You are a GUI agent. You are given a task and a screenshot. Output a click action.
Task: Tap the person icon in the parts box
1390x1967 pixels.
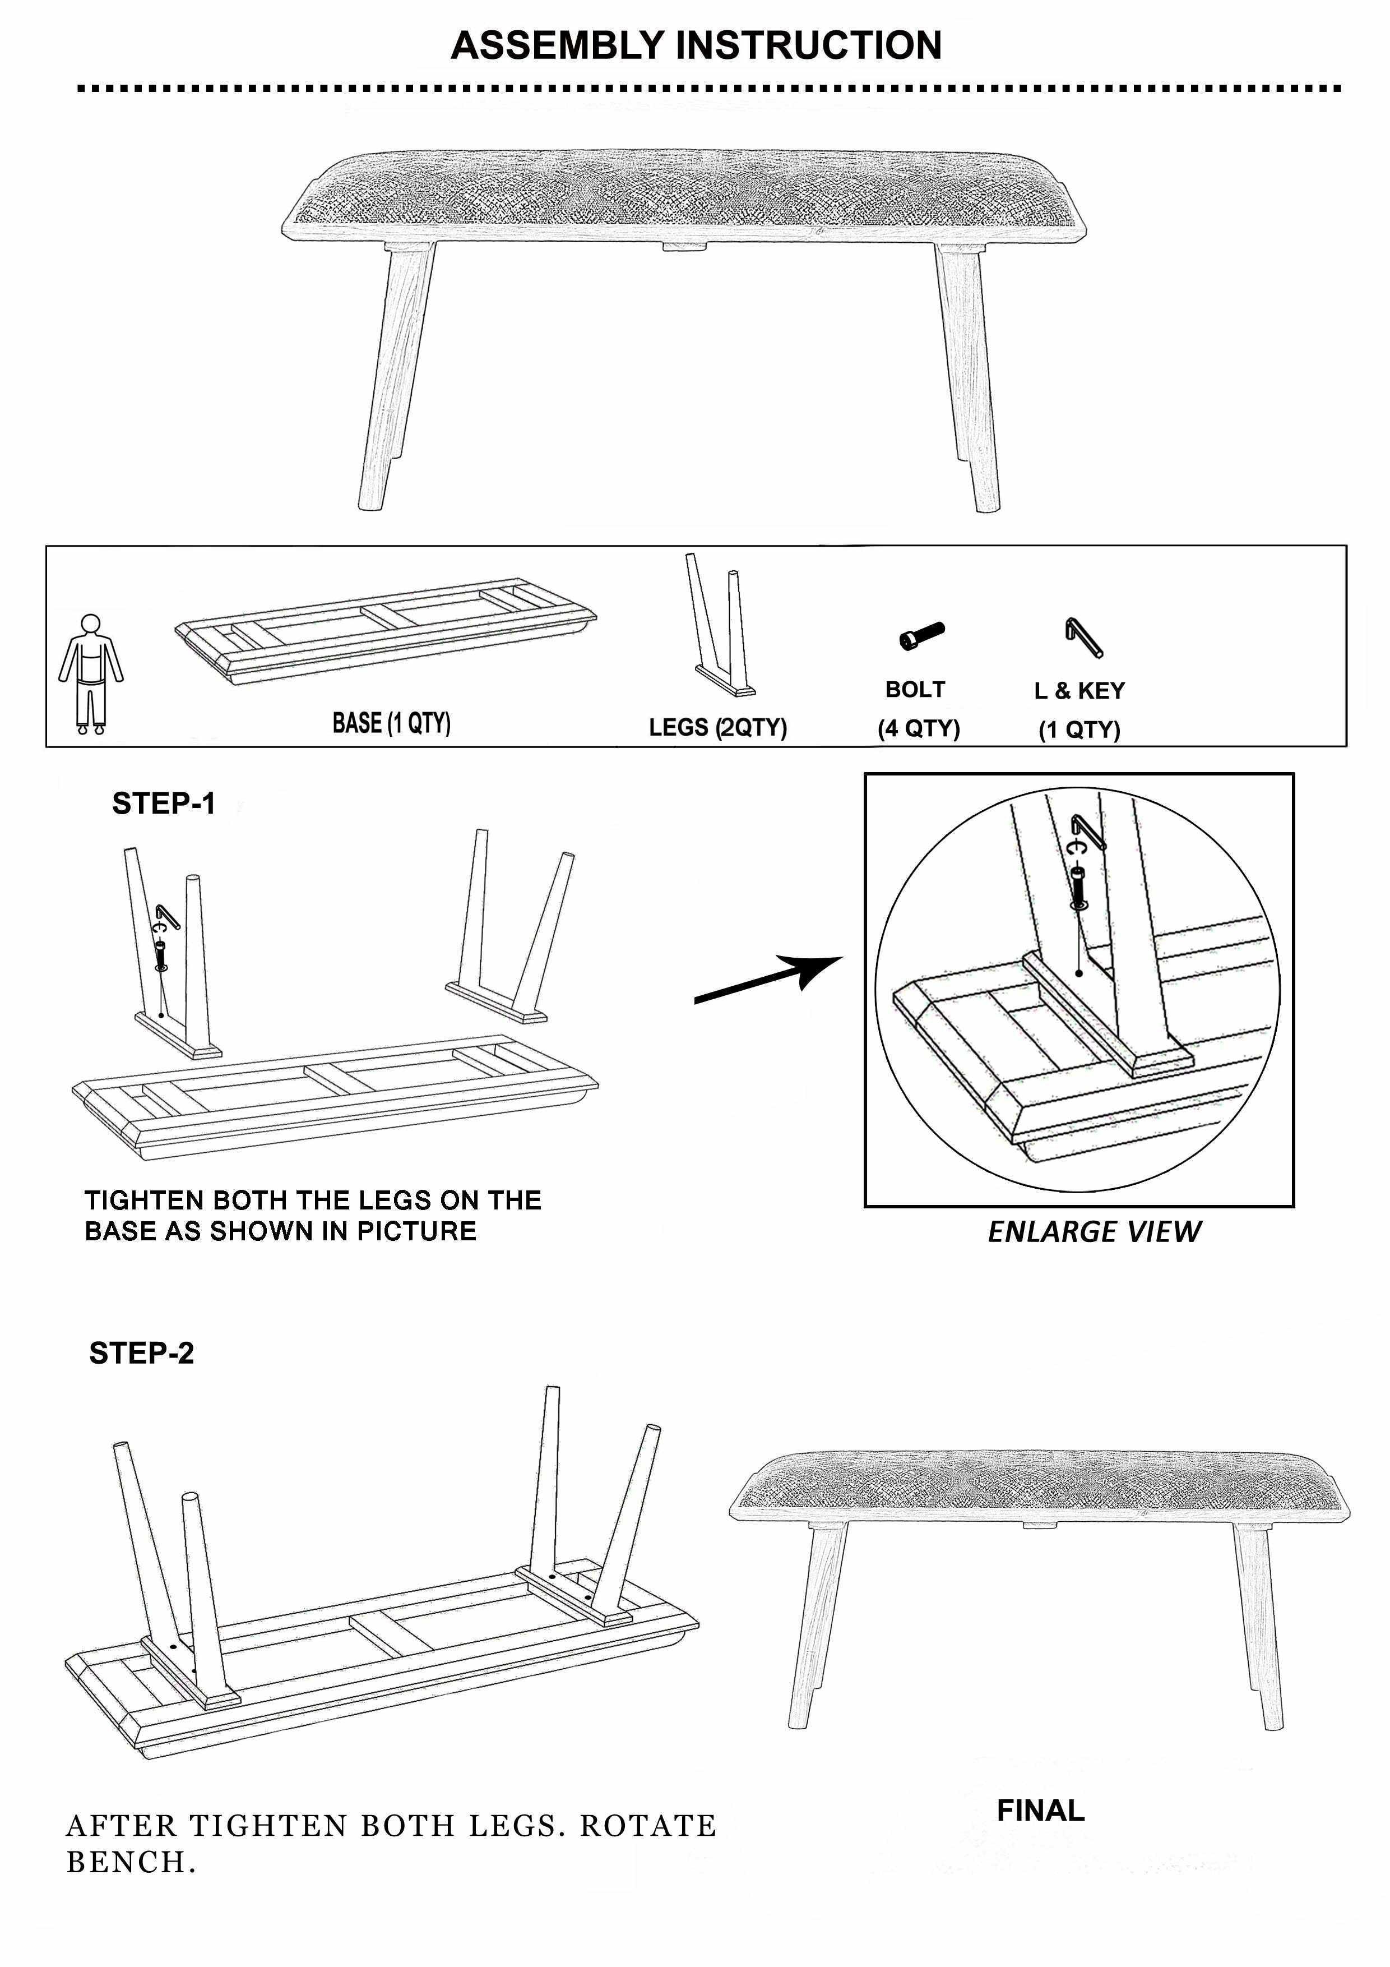[x=91, y=673]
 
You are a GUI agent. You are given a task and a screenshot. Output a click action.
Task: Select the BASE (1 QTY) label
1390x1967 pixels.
[x=391, y=723]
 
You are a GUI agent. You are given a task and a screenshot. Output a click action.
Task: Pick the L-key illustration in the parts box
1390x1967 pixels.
[x=1084, y=638]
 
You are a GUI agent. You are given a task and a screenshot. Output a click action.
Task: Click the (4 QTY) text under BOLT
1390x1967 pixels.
[x=919, y=728]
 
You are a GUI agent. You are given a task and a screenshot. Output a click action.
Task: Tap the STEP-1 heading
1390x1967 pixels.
[x=164, y=804]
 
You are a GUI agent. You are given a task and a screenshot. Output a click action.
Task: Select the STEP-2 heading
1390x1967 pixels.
[x=141, y=1353]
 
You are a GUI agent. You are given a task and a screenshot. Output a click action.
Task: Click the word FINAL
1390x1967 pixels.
[x=1041, y=1810]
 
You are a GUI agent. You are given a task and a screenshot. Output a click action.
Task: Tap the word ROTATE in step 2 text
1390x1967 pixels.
[x=648, y=1826]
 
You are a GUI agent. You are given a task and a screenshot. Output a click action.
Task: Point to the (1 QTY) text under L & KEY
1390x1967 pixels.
[x=1079, y=730]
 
